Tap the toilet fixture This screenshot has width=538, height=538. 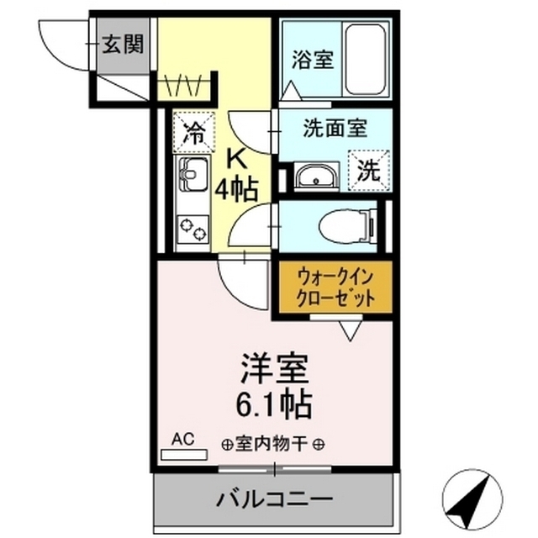pos(347,224)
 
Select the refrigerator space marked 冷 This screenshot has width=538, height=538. pos(193,133)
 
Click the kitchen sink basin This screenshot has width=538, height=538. pos(192,177)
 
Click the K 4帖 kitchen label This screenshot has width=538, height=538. pos(235,175)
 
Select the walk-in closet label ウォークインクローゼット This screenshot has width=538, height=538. pos(334,287)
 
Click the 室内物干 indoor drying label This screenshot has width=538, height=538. pos(275,444)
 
